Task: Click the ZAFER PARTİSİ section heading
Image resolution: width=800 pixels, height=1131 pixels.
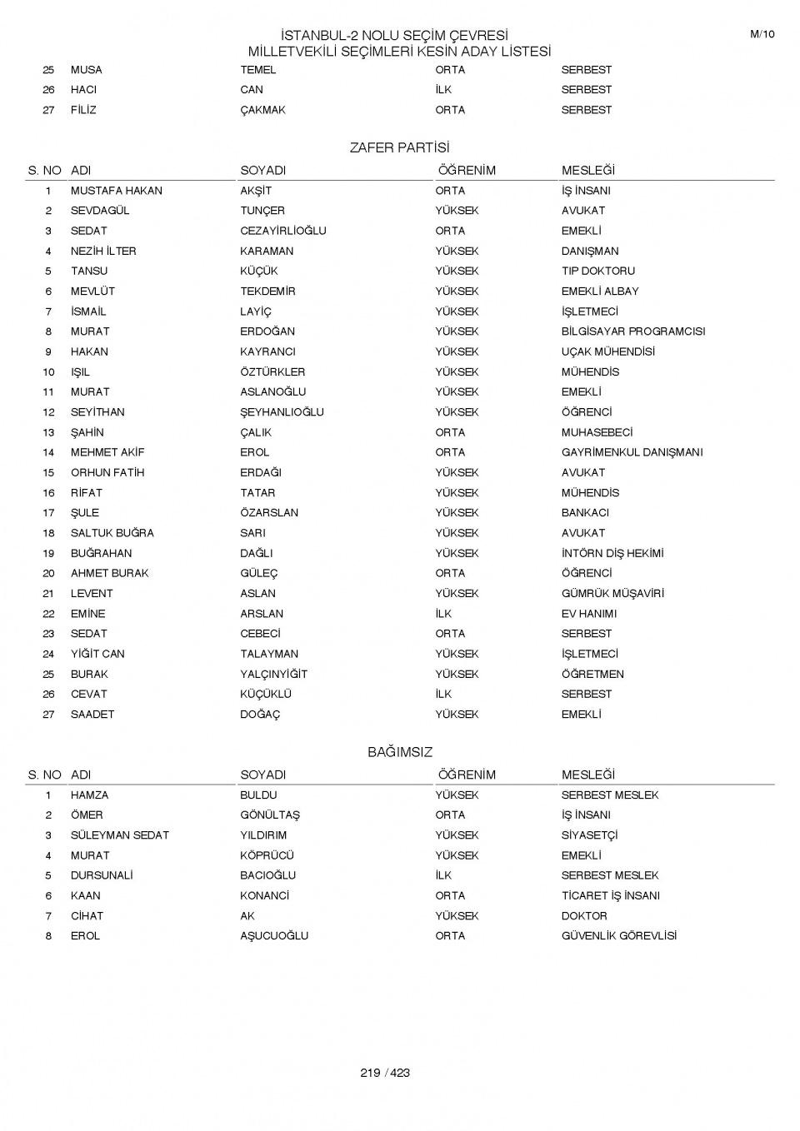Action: tap(399, 148)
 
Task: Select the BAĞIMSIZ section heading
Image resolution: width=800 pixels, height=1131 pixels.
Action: tap(400, 752)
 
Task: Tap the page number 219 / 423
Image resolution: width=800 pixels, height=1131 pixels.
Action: tap(385, 1073)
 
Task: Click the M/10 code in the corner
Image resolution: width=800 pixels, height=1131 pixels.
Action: tap(762, 34)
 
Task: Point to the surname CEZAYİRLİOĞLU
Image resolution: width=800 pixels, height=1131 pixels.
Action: tap(283, 231)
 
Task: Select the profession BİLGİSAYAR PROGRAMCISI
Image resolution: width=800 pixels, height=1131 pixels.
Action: tap(632, 331)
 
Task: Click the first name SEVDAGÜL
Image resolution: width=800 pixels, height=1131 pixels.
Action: tap(100, 211)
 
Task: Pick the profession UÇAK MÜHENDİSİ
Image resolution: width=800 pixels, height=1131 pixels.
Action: tap(607, 351)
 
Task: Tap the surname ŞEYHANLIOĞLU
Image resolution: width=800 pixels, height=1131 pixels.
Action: tap(282, 412)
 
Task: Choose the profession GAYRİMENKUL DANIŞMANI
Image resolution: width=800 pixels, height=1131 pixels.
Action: tap(632, 452)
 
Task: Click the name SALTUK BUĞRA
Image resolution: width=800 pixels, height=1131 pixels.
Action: tap(112, 533)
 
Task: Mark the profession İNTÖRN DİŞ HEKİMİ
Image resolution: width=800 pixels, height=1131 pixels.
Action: tap(612, 553)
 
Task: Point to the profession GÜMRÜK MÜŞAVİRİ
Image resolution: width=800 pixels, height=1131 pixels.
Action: tap(612, 594)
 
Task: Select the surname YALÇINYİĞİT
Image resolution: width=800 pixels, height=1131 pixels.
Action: tap(273, 674)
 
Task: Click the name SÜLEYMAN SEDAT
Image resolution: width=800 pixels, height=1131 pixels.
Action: tap(119, 835)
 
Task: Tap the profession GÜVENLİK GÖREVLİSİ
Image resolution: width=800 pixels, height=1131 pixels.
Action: tap(618, 936)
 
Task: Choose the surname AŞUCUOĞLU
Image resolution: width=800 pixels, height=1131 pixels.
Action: tap(274, 936)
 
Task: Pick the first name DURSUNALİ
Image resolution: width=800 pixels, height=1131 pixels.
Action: tap(102, 875)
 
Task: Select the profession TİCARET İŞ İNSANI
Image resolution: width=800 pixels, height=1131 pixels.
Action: tap(610, 896)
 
